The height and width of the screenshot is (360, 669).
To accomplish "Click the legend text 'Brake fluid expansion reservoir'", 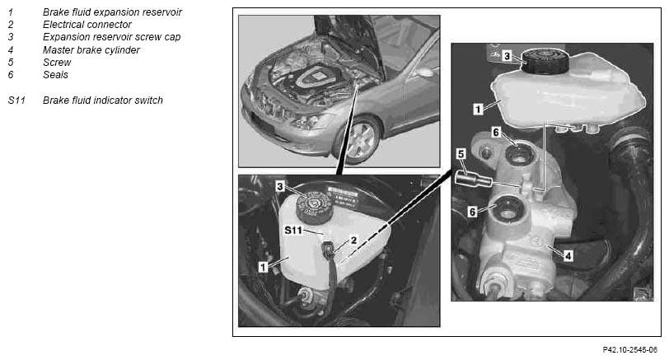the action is coord(112,12).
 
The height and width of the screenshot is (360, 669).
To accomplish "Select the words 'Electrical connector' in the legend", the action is coord(87,25).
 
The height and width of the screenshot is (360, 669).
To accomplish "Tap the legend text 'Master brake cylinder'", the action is coord(91,50).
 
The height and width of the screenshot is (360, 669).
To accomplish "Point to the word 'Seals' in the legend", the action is coord(55,75).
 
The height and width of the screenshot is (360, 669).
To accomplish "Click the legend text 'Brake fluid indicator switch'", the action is coord(103,101).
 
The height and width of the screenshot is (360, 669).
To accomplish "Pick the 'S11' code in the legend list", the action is coord(16,101).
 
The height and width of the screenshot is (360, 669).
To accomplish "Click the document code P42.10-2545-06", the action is coord(629,350).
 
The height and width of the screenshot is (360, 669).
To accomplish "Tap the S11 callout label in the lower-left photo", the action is coord(293,231).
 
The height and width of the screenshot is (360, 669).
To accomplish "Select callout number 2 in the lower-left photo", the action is coord(353,241).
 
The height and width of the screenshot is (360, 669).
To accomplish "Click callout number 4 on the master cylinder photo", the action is coord(568,256).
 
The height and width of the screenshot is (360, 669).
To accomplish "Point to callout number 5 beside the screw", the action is coord(461,154).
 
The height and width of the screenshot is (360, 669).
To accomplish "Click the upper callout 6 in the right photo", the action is coord(495,133).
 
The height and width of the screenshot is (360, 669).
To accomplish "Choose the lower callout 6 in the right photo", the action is coord(472,212).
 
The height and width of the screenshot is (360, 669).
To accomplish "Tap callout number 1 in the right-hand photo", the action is coord(478,110).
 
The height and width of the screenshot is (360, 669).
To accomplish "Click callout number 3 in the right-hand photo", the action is coord(507,56).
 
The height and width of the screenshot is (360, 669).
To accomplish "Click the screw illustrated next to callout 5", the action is coord(473,179).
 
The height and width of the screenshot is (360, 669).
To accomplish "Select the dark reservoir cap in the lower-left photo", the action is coord(314,207).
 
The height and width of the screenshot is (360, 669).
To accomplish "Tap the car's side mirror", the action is coord(423,72).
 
